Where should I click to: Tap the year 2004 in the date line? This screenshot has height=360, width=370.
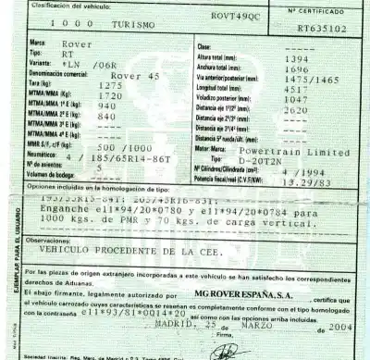coord(340,326)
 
